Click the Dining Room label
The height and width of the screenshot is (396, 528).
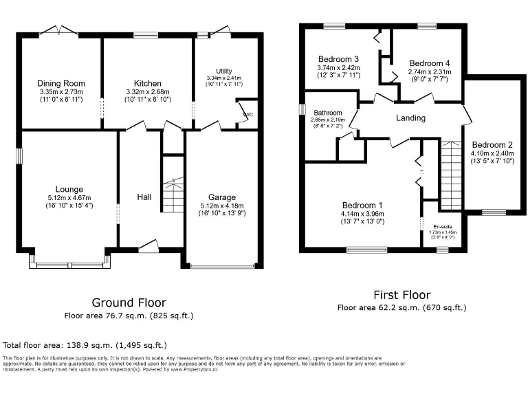(x=60, y=83)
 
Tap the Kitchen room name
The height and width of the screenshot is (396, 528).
(x=147, y=83)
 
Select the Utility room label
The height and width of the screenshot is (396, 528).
(x=224, y=71)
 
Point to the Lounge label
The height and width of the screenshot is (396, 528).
(x=70, y=189)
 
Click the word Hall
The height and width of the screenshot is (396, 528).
(x=144, y=197)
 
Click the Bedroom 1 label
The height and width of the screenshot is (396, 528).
(x=362, y=206)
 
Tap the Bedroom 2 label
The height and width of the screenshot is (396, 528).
(x=492, y=145)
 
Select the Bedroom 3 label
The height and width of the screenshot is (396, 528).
(x=338, y=58)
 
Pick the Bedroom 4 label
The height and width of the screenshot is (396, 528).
(x=429, y=63)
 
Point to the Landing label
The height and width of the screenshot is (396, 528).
(x=410, y=118)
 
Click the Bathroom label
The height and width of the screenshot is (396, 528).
(x=328, y=113)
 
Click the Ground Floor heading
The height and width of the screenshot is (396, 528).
(x=129, y=302)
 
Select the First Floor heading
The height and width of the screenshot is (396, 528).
(x=402, y=294)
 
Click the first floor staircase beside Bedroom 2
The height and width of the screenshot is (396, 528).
(x=450, y=175)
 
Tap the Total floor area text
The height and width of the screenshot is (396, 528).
(x=85, y=344)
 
